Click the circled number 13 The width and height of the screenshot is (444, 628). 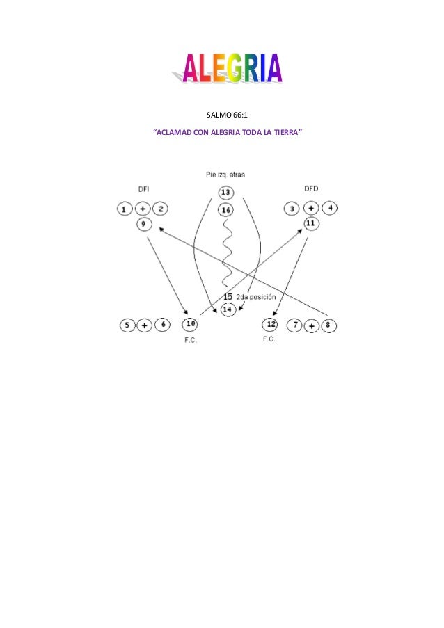[225, 192]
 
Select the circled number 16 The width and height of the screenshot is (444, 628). [225, 209]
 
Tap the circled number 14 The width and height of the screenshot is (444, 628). [228, 309]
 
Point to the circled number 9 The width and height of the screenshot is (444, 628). [143, 223]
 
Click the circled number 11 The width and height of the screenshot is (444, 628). [310, 223]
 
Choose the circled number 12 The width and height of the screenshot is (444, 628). [271, 325]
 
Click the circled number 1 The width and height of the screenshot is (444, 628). [125, 209]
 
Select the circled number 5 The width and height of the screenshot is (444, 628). [127, 325]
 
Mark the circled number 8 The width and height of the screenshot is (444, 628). [330, 325]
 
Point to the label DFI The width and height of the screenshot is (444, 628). [143, 188]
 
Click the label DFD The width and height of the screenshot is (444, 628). [311, 188]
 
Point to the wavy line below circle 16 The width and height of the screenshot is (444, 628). [225, 254]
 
